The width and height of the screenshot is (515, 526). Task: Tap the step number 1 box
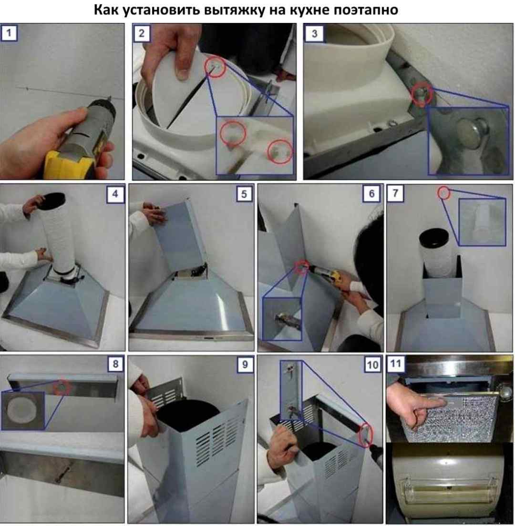click(x=9, y=33)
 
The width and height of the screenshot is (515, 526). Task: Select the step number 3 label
click(x=314, y=33)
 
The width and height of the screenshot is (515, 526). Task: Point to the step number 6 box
click(x=371, y=193)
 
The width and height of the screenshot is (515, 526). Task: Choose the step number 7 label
click(x=395, y=193)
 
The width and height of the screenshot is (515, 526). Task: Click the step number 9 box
click(x=245, y=364)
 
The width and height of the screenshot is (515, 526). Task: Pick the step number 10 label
click(x=372, y=364)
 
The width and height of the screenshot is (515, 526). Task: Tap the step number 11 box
click(x=395, y=364)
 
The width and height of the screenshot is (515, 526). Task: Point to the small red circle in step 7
click(x=444, y=193)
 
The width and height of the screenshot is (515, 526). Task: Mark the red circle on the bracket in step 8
click(x=62, y=387)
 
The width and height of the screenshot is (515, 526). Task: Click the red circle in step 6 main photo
click(x=302, y=267)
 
